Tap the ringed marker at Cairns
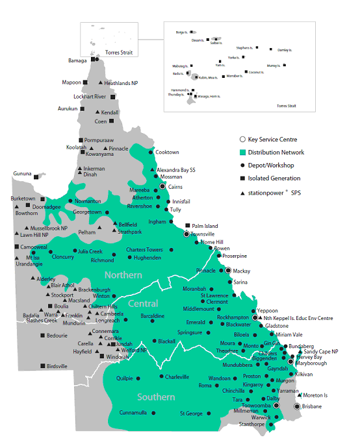tap(163, 186)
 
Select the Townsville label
tap(203, 234)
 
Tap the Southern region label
tap(156, 397)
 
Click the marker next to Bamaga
tap(96, 60)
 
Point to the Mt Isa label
tap(33, 258)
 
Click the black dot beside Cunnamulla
tap(153, 413)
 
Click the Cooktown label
tap(167, 153)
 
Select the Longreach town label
tap(107, 321)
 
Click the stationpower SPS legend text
tap(276, 193)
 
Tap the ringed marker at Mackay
tap(228, 270)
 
